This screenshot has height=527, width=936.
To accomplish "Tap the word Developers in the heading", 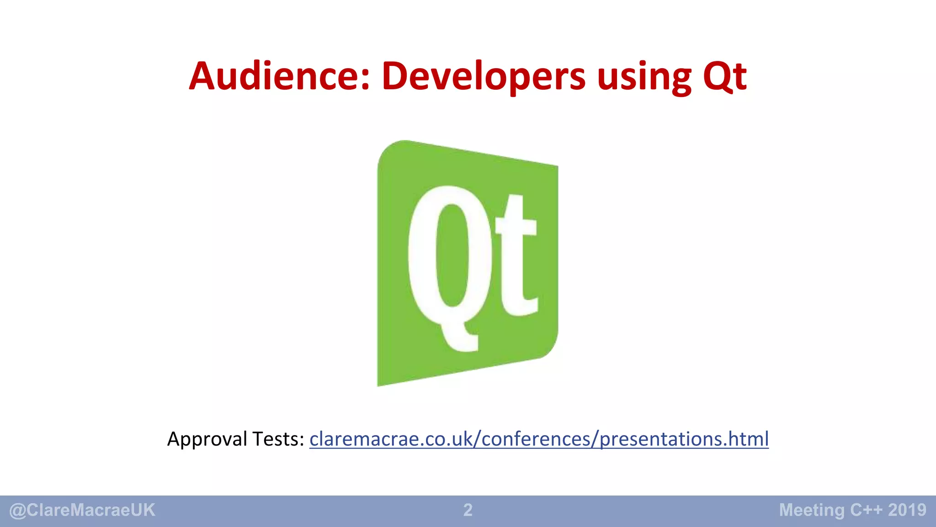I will (484, 76).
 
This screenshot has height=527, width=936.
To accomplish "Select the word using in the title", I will (644, 77).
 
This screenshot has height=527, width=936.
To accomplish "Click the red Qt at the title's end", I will (725, 77).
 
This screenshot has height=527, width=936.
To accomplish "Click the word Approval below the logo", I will (208, 439).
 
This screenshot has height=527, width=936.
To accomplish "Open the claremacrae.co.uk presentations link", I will (539, 439).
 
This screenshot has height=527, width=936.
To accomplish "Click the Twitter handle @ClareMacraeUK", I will (82, 510).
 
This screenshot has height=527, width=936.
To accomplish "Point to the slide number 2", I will (468, 510).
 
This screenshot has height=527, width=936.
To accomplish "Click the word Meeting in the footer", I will (812, 510).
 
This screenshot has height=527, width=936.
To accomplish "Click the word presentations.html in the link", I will (684, 439).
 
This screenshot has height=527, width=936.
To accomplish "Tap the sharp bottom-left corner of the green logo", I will (379, 384).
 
